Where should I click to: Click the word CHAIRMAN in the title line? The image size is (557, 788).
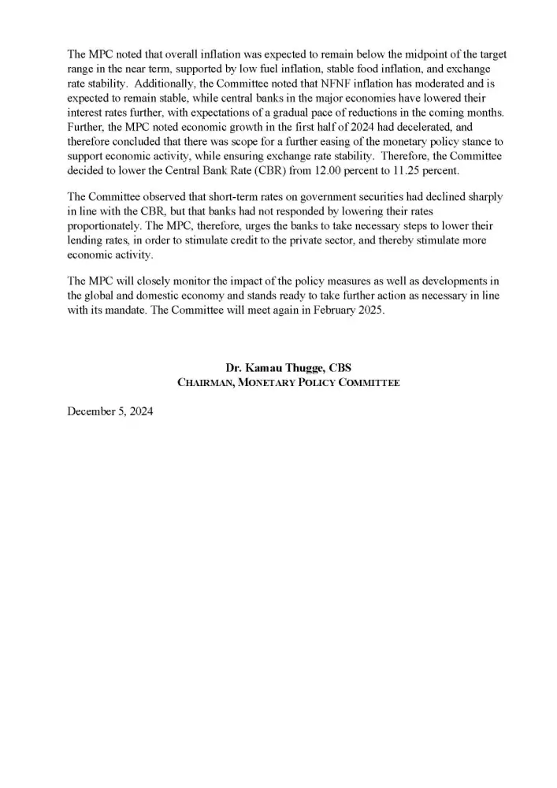[x=209, y=383]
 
